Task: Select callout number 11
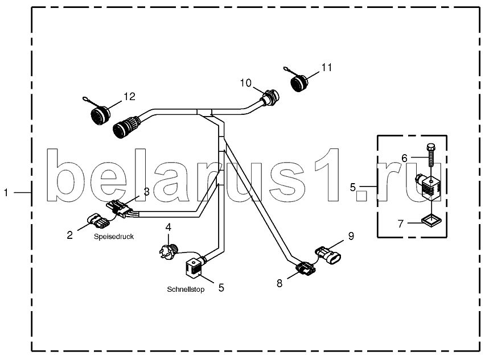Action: coord(326,67)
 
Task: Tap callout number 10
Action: coord(245,83)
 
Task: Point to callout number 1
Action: coord(6,193)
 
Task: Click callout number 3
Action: coord(146,192)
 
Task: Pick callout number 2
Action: coord(69,234)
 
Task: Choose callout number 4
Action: coord(169,227)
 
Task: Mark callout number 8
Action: coord(280,283)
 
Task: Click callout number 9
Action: coord(351,235)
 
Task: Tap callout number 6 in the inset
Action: coord(405,158)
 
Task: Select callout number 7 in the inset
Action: coord(401,224)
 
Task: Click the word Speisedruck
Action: coord(114,237)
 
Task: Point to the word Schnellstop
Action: coord(185,289)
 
